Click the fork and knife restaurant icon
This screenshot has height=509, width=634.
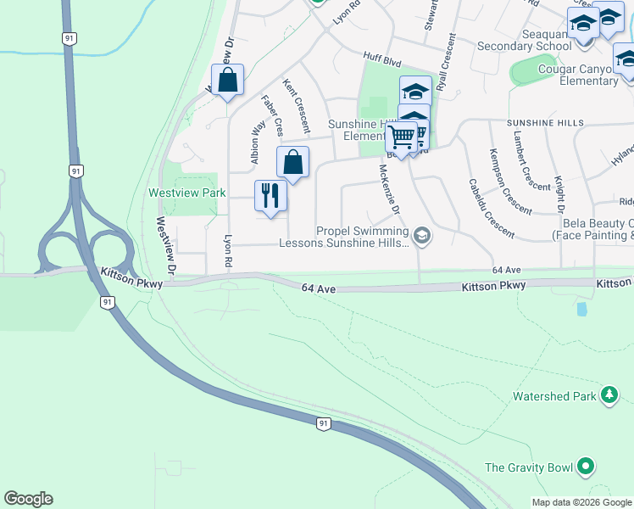tap(270, 195)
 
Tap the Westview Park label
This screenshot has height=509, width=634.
tap(186, 193)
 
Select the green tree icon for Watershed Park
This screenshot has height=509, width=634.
tap(608, 395)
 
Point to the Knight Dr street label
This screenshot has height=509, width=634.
tap(559, 194)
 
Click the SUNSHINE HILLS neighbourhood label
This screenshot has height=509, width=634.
tap(546, 123)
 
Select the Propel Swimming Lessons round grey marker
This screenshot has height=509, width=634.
tap(421, 236)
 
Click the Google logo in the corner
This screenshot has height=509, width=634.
tap(28, 499)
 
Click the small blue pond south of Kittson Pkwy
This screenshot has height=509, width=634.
tap(581, 309)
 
